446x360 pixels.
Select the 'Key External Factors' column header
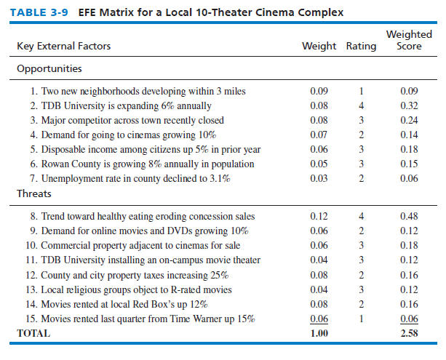point(63,47)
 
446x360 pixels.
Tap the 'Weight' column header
point(319,47)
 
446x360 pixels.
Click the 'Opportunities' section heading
point(49,69)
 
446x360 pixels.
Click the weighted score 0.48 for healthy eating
point(410,217)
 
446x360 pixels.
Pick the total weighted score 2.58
point(410,334)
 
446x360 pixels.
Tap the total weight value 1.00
point(319,334)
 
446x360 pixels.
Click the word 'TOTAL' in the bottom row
point(34,334)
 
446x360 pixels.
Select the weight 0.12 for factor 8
point(319,217)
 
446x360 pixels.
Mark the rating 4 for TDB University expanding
point(362,105)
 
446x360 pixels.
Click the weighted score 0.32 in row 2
point(410,105)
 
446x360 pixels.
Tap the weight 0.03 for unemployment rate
point(319,178)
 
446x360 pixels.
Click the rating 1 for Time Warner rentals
point(362,319)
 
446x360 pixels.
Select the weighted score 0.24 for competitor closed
point(410,120)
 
